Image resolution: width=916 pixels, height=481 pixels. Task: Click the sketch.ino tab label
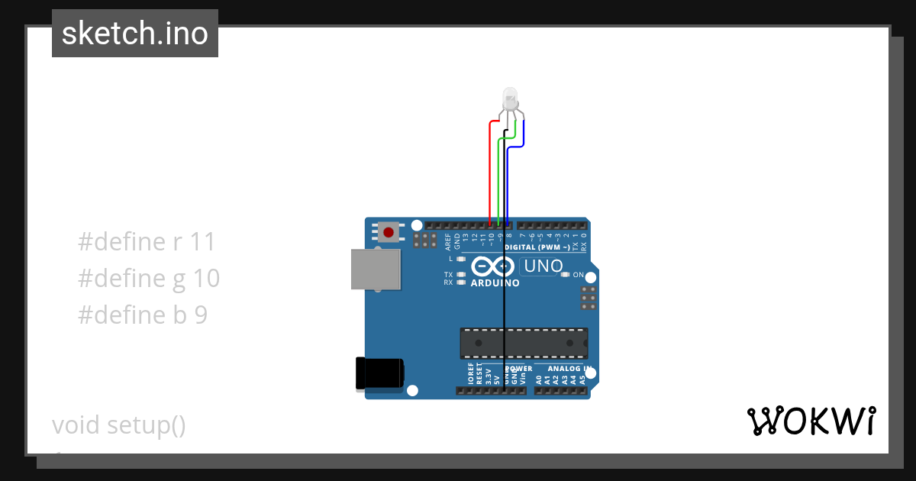135,34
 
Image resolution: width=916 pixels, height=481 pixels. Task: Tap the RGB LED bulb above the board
510,98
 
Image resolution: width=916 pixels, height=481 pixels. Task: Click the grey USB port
376,270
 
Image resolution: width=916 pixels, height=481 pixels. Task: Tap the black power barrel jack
379,373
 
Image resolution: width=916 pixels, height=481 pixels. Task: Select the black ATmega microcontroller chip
524,343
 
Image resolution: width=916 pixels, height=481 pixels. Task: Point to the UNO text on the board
542,266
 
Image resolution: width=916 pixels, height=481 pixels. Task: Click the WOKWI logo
811,421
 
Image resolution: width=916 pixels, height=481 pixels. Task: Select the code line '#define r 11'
147,242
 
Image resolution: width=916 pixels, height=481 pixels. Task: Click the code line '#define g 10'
149,278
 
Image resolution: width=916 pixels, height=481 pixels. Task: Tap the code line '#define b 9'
143,315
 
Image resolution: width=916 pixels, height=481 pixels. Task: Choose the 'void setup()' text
119,425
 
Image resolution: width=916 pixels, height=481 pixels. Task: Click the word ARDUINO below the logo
495,283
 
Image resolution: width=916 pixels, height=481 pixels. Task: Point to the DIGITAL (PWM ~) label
537,247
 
